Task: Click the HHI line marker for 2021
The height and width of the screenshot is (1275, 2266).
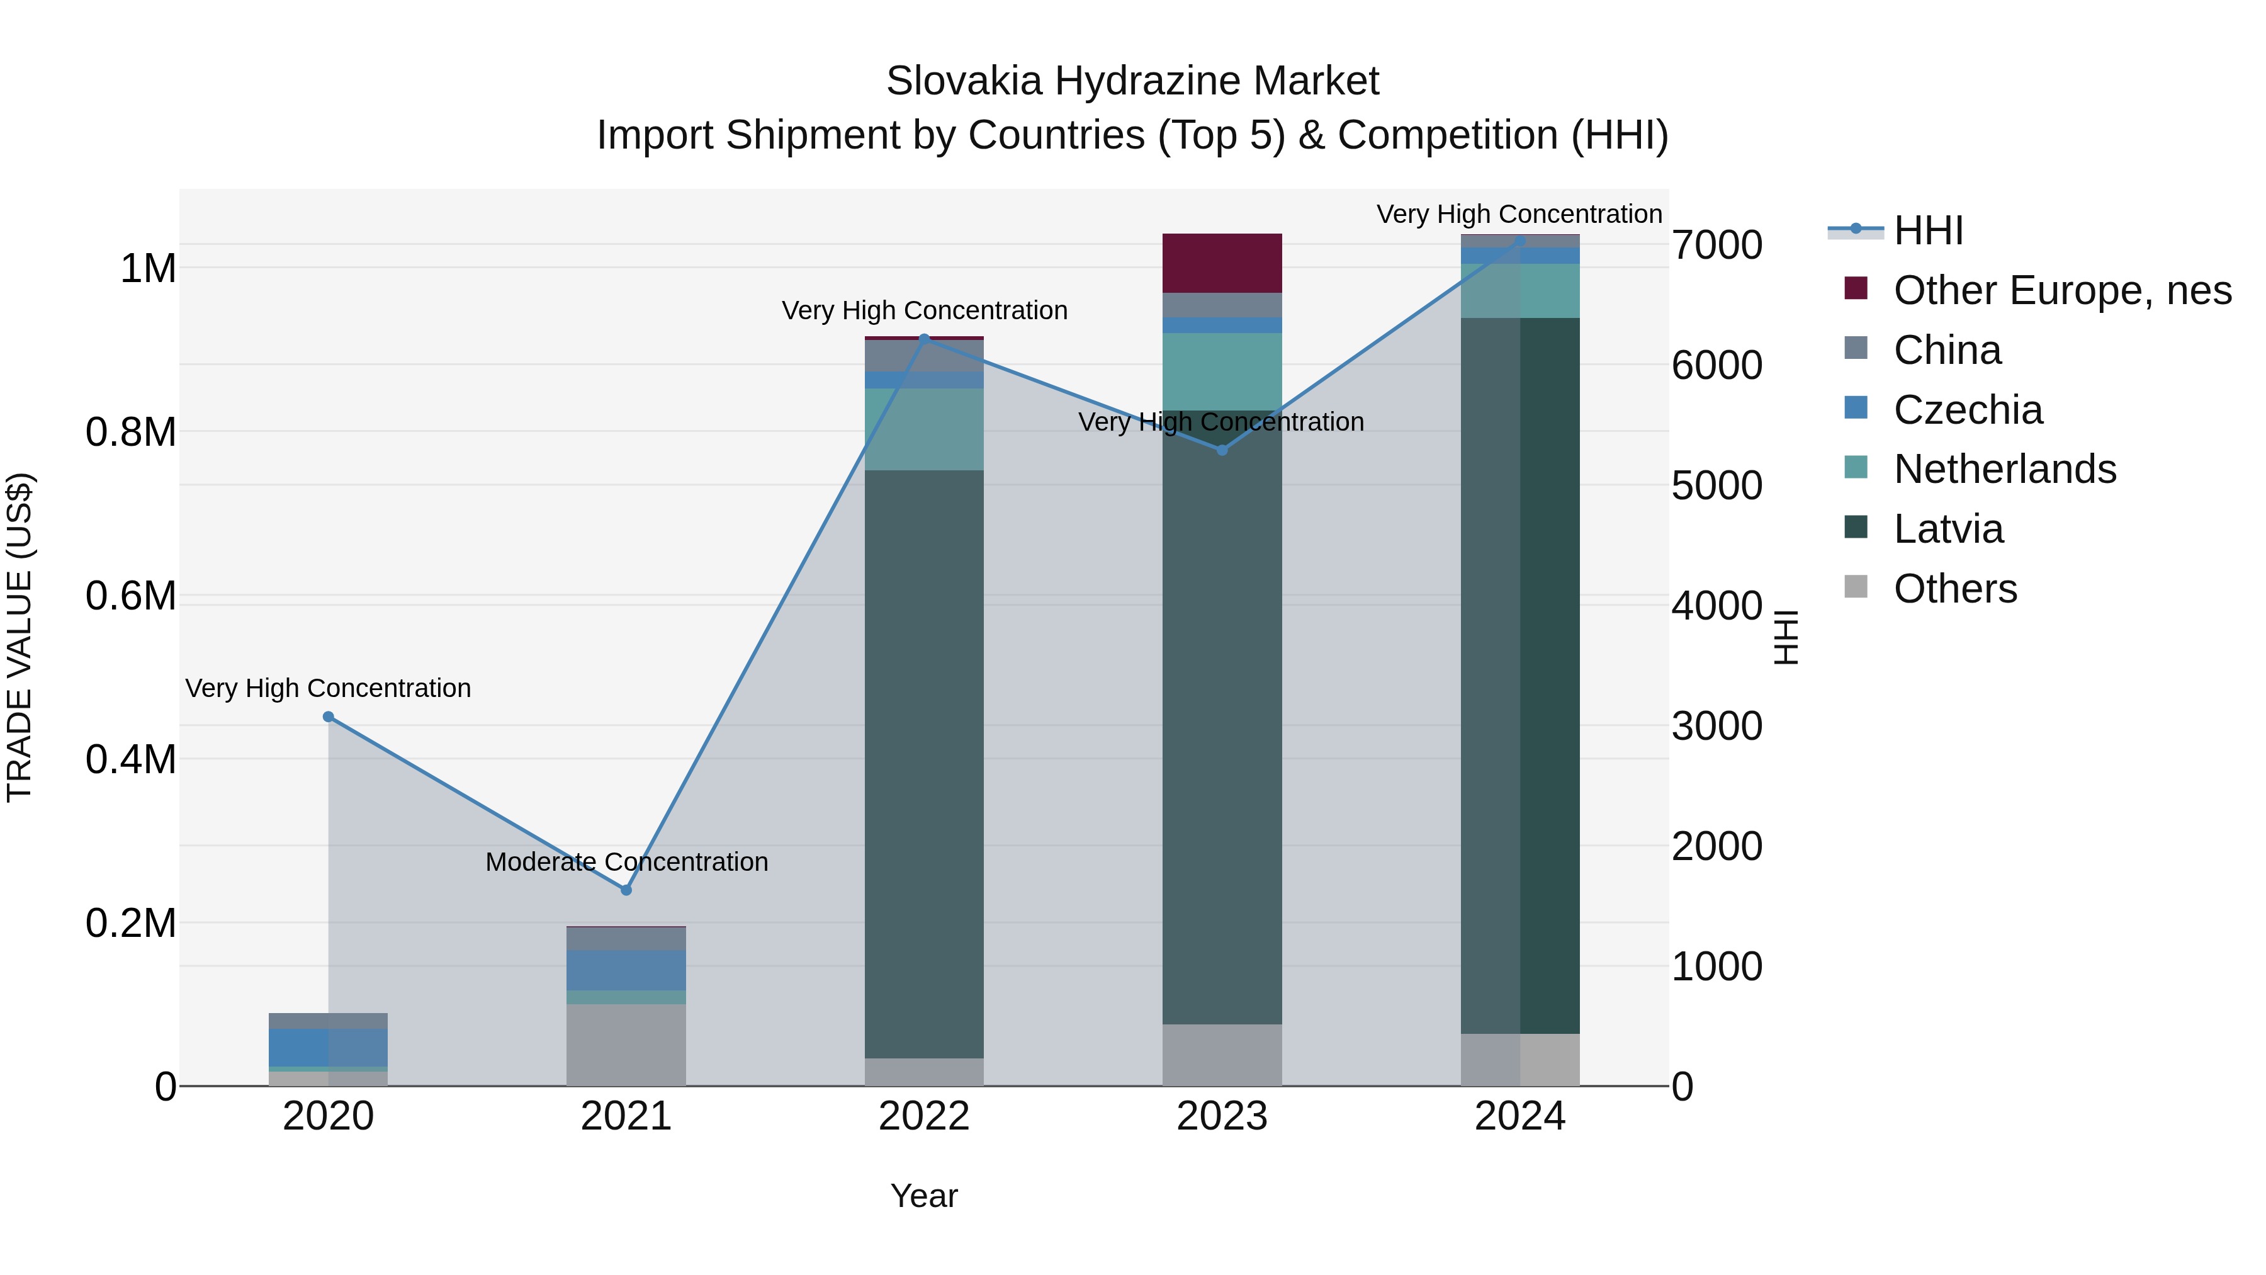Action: click(x=626, y=890)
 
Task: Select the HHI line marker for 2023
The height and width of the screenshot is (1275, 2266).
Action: click(x=1222, y=450)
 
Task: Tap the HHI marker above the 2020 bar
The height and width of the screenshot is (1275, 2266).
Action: click(x=328, y=717)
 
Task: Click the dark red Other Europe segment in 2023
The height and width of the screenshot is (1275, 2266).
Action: click(x=1222, y=263)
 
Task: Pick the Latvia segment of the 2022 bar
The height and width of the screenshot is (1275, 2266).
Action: click(x=923, y=764)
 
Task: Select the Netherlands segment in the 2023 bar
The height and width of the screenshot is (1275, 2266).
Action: click(x=1222, y=371)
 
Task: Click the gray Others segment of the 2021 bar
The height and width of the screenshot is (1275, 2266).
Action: click(x=626, y=1045)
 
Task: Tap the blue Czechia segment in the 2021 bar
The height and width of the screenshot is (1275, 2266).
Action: click(x=626, y=970)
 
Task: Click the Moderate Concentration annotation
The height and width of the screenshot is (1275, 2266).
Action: click(x=626, y=861)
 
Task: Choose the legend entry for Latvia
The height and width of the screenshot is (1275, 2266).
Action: click(x=1948, y=529)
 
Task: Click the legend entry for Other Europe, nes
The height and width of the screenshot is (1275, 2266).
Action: click(x=2062, y=290)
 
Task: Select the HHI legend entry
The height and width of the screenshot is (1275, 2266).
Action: click(x=1928, y=230)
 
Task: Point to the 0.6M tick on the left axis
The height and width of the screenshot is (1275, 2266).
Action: click(x=131, y=596)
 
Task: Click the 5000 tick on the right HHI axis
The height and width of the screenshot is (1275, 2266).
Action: click(x=1717, y=485)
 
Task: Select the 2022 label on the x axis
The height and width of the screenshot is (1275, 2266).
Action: click(x=923, y=1116)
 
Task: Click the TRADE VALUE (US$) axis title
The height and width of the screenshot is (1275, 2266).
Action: click(x=20, y=637)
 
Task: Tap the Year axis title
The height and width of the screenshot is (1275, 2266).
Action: click(x=923, y=1196)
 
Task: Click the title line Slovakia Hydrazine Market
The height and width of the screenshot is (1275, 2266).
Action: click(x=1132, y=81)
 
